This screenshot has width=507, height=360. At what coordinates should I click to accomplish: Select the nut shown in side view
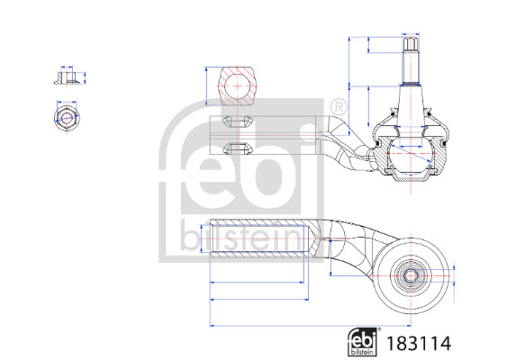65,78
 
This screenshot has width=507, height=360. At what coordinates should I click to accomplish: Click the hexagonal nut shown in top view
65,117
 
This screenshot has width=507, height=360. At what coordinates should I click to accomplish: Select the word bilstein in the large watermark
230,236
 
